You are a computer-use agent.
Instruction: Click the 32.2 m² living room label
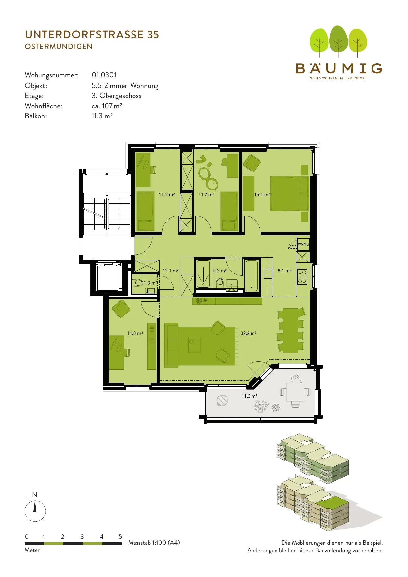pyautogui.click(x=248, y=333)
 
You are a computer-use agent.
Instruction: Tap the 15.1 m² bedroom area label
pyautogui.click(x=262, y=195)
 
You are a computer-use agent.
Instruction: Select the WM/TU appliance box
pyautogui.click(x=303, y=244)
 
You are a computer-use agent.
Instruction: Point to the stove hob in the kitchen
pyautogui.click(x=302, y=277)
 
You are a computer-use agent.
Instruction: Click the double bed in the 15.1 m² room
pyautogui.click(x=289, y=193)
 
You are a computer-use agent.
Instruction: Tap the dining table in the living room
pyautogui.click(x=291, y=330)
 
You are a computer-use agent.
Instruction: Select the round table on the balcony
pyautogui.click(x=222, y=400)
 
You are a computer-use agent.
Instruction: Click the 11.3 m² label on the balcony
pyautogui.click(x=250, y=396)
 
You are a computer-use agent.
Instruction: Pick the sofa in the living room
pyautogui.click(x=171, y=345)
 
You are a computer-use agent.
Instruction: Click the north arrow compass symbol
pyautogui.click(x=35, y=511)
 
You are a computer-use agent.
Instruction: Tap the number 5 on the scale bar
pyautogui.click(x=120, y=537)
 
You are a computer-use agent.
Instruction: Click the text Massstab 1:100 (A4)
pyautogui.click(x=154, y=543)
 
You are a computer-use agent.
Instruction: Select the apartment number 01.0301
pyautogui.click(x=104, y=75)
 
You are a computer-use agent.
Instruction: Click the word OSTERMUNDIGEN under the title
pyautogui.click(x=59, y=47)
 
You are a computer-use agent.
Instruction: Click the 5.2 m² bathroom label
pyautogui.click(x=220, y=271)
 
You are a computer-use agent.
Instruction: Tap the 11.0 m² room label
pyautogui.click(x=135, y=333)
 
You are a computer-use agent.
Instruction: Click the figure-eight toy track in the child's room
pyautogui.click(x=208, y=178)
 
